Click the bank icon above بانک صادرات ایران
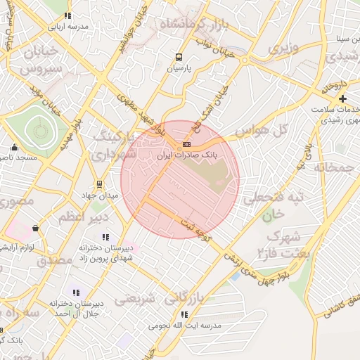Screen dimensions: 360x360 click(186, 143)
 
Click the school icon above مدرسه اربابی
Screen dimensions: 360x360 click(67, 15)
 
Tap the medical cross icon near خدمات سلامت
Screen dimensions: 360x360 click(342, 98)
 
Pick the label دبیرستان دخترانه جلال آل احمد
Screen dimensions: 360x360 click(76, 308)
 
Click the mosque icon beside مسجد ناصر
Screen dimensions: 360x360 click(13, 148)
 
